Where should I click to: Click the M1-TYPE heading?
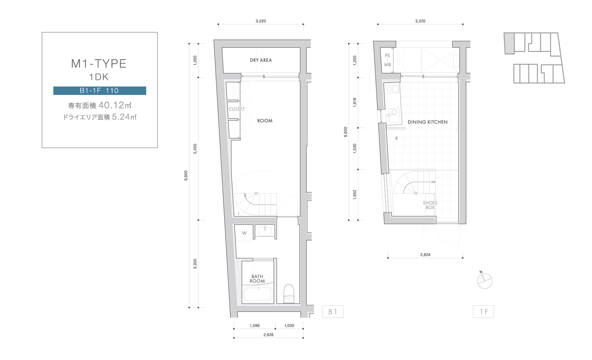coord(99,64)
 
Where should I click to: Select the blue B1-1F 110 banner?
coord(99,91)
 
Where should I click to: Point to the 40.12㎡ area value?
coord(115,105)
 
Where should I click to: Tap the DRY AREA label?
coord(261,60)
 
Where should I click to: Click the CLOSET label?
coord(237,109)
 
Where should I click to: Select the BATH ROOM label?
coord(257,279)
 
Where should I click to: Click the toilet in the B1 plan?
coord(289,294)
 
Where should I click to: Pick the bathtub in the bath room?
coord(258,294)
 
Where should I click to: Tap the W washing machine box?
coord(244,233)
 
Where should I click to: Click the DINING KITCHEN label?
coord(428,122)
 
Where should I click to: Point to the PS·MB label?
coord(388,60)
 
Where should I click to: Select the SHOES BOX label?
coord(430,205)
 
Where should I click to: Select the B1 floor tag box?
coord(333,312)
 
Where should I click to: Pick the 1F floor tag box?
coord(483,312)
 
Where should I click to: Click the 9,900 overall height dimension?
coord(186,176)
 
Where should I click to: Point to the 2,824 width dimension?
coord(425,255)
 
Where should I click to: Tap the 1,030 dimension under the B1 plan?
coord(289,325)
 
